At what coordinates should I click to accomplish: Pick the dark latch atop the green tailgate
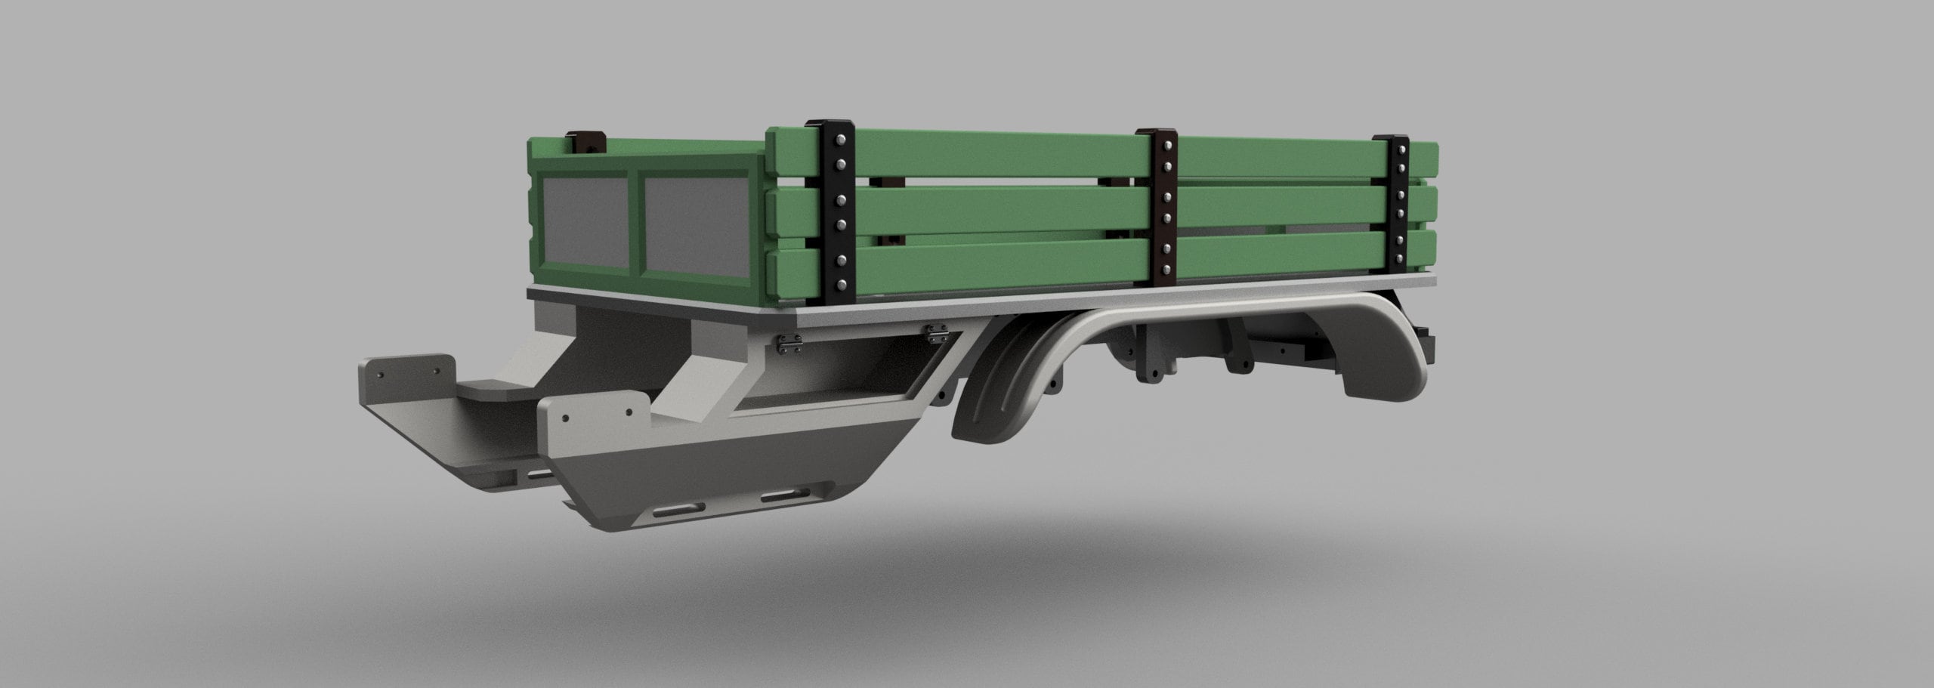[589, 140]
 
